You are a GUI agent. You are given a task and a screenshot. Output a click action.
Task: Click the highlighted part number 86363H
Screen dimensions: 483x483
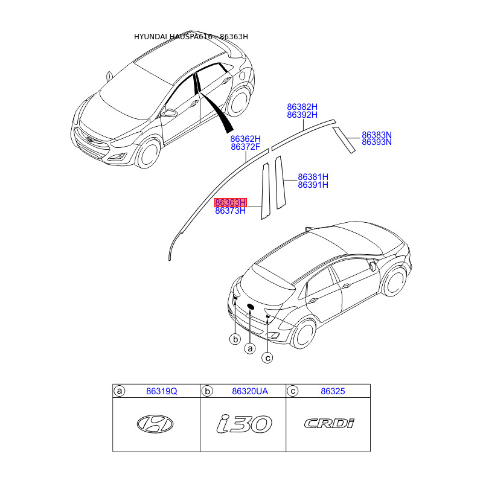[231, 202]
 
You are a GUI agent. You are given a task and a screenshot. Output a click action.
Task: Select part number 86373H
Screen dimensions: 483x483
[231, 211]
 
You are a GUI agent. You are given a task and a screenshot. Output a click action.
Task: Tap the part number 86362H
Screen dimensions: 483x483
[246, 138]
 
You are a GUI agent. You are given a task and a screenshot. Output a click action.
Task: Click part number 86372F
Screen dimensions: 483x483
[246, 147]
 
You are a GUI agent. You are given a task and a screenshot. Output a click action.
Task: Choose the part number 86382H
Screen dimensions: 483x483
[302, 107]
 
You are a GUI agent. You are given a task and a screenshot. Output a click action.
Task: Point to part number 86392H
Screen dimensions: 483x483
[302, 115]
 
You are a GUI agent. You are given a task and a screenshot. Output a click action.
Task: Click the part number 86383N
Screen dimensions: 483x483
[377, 135]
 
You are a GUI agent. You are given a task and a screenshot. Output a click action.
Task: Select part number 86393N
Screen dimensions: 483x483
[377, 142]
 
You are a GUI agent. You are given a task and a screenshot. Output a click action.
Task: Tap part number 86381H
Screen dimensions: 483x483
[313, 177]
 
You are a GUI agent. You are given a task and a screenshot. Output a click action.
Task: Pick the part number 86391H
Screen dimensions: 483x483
[313, 185]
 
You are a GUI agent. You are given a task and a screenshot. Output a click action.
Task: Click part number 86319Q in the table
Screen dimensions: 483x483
[162, 392]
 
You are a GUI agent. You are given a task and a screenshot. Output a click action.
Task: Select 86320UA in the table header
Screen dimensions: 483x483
[249, 392]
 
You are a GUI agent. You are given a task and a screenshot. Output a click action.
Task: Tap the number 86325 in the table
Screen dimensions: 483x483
[333, 392]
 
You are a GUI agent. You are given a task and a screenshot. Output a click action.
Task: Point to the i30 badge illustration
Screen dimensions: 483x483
[244, 424]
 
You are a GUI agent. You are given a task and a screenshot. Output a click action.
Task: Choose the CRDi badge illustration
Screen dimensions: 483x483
[329, 424]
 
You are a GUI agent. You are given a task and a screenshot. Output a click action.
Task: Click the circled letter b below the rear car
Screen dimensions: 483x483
[235, 340]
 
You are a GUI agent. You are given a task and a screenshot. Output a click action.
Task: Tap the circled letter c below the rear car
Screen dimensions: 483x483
[267, 358]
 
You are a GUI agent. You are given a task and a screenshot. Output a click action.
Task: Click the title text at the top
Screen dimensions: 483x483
[191, 37]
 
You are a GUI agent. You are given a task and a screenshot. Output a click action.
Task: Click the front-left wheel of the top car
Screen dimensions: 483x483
[148, 154]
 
